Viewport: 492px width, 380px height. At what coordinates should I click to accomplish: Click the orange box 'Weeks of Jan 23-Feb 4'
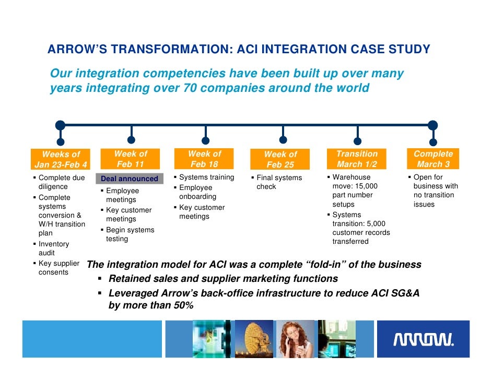pos(61,160)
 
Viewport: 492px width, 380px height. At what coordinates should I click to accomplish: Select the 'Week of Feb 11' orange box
pos(131,159)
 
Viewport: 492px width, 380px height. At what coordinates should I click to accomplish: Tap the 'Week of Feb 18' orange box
pos(205,159)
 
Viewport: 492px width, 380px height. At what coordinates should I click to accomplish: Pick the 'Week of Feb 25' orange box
pos(280,159)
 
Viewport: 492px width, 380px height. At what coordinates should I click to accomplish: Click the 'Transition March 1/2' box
pos(357,159)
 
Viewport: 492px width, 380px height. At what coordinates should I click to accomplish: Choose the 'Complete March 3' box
pos(433,159)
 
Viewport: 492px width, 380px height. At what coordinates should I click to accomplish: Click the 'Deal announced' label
pos(129,179)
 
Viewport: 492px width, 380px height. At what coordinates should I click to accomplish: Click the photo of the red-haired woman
pos(295,339)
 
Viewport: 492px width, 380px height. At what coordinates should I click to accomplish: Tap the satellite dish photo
pos(254,339)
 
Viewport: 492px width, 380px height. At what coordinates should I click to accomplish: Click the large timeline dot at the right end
pos(432,125)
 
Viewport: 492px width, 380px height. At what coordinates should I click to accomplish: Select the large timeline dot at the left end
pos(61,125)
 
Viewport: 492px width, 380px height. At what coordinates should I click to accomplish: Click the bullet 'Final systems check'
pos(279,182)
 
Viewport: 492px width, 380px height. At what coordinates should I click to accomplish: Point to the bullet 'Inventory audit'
pos(53,248)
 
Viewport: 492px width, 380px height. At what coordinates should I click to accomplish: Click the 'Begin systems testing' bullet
pos(130,234)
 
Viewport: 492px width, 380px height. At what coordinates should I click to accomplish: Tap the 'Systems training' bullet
pos(206,177)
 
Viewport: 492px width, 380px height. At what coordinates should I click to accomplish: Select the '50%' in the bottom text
pos(182,305)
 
